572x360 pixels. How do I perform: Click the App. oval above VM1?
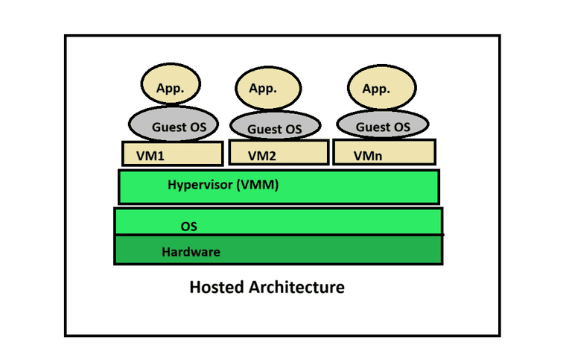pos(171,88)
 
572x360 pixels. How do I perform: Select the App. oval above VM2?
pos(263,89)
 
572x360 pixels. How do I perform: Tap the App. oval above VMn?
pos(376,88)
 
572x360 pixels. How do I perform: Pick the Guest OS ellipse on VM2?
pos(275,127)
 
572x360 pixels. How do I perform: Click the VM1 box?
pos(173,154)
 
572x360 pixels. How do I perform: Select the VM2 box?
pos(278,154)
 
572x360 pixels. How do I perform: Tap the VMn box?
pos(384,153)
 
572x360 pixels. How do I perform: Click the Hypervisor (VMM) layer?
pos(279,186)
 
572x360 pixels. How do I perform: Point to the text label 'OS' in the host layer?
pos(189,224)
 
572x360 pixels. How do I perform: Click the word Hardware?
pos(191,252)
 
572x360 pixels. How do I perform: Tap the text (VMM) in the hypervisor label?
pos(257,185)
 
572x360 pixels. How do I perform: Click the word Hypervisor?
pos(200,185)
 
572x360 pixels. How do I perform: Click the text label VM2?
pos(261,157)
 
